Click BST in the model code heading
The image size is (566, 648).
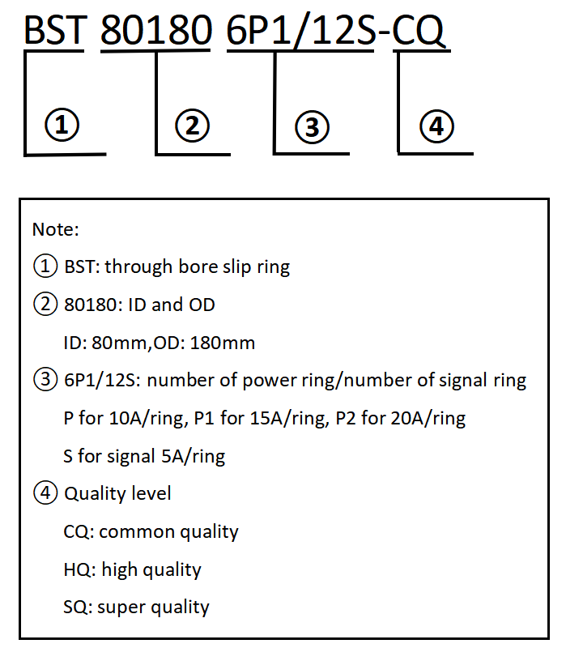pyautogui.click(x=55, y=30)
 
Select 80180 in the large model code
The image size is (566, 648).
pyautogui.click(x=156, y=30)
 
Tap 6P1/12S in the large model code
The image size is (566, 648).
pyautogui.click(x=301, y=31)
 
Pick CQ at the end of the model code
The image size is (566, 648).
pyautogui.click(x=418, y=31)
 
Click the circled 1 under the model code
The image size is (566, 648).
pyautogui.click(x=62, y=125)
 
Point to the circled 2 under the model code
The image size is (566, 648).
pyautogui.click(x=192, y=126)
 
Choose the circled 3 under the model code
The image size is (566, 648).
pyautogui.click(x=313, y=127)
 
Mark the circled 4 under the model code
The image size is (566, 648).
pyautogui.click(x=436, y=126)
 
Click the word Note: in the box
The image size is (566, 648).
pyautogui.click(x=55, y=229)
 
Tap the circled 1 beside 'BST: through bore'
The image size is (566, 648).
pyautogui.click(x=45, y=266)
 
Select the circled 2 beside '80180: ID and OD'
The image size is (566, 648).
pyautogui.click(x=45, y=304)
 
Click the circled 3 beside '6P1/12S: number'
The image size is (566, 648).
pyautogui.click(x=45, y=379)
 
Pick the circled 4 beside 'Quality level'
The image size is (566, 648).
pyautogui.click(x=45, y=492)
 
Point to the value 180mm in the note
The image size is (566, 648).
pyautogui.click(x=222, y=343)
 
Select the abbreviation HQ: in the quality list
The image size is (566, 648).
pyautogui.click(x=79, y=569)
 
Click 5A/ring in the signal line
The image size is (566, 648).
pyautogui.click(x=194, y=456)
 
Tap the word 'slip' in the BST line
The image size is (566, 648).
pyautogui.click(x=236, y=267)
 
